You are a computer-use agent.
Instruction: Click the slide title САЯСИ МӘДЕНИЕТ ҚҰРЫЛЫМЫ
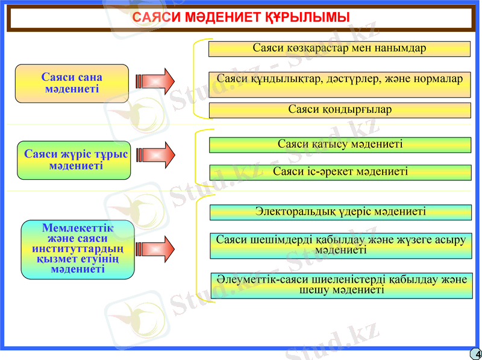coord(240,18)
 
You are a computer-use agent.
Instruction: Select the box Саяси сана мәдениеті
coord(72,83)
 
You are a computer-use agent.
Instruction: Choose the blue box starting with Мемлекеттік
coord(77,248)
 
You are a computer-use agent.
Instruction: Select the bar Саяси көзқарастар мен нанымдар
coord(339,49)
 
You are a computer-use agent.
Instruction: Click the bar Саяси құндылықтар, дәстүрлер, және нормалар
coord(339,80)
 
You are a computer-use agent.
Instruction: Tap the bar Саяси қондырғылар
coord(339,110)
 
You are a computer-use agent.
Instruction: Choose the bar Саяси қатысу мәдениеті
coord(340,145)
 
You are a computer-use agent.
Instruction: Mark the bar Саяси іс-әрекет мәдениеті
coord(340,172)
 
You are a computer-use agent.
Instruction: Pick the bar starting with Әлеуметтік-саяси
coord(342,285)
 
